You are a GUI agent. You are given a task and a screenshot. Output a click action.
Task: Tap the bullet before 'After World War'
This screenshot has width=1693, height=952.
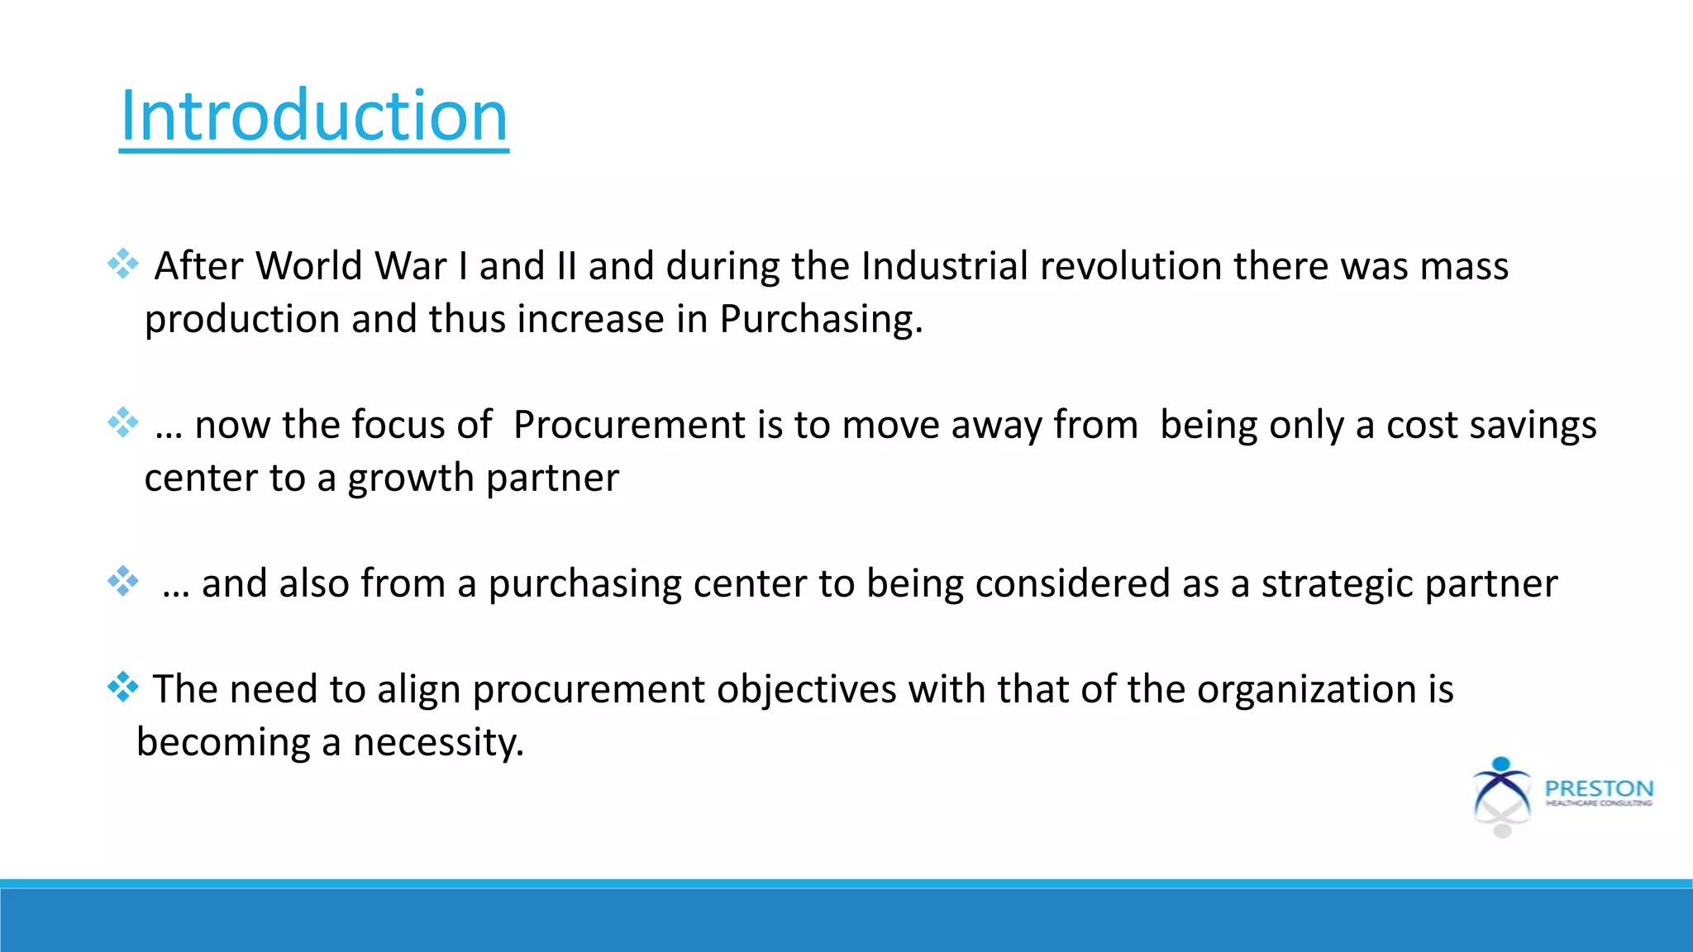(123, 264)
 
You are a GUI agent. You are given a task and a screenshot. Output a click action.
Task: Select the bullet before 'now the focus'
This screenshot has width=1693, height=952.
(123, 422)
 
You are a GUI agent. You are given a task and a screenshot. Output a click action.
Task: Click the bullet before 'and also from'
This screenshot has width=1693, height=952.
(123, 581)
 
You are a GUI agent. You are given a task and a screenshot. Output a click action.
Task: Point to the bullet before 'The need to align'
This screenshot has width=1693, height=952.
(123, 687)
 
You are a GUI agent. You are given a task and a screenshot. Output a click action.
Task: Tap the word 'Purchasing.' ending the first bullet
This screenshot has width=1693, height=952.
(821, 319)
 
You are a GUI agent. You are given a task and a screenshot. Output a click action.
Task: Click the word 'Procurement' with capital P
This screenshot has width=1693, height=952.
(629, 425)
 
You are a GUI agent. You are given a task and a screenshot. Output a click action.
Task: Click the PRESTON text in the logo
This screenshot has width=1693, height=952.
(1599, 788)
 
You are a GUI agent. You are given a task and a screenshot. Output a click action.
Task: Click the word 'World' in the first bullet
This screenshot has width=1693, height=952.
(308, 266)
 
